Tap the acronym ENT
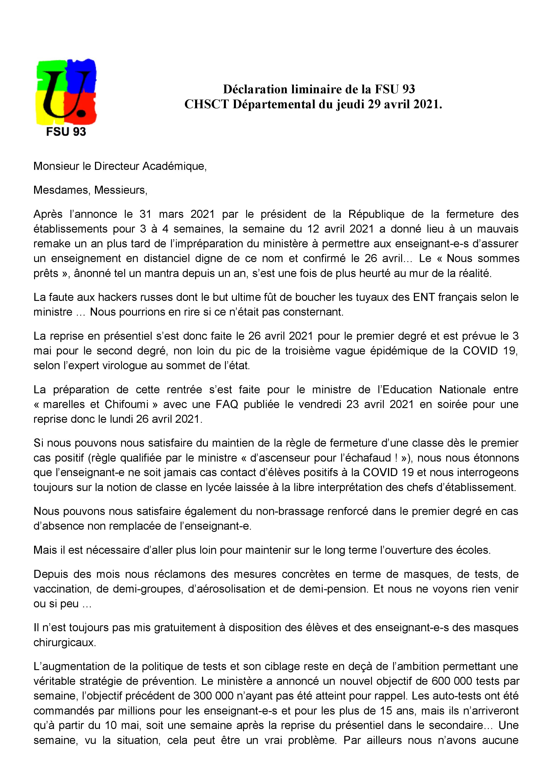[424, 297]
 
